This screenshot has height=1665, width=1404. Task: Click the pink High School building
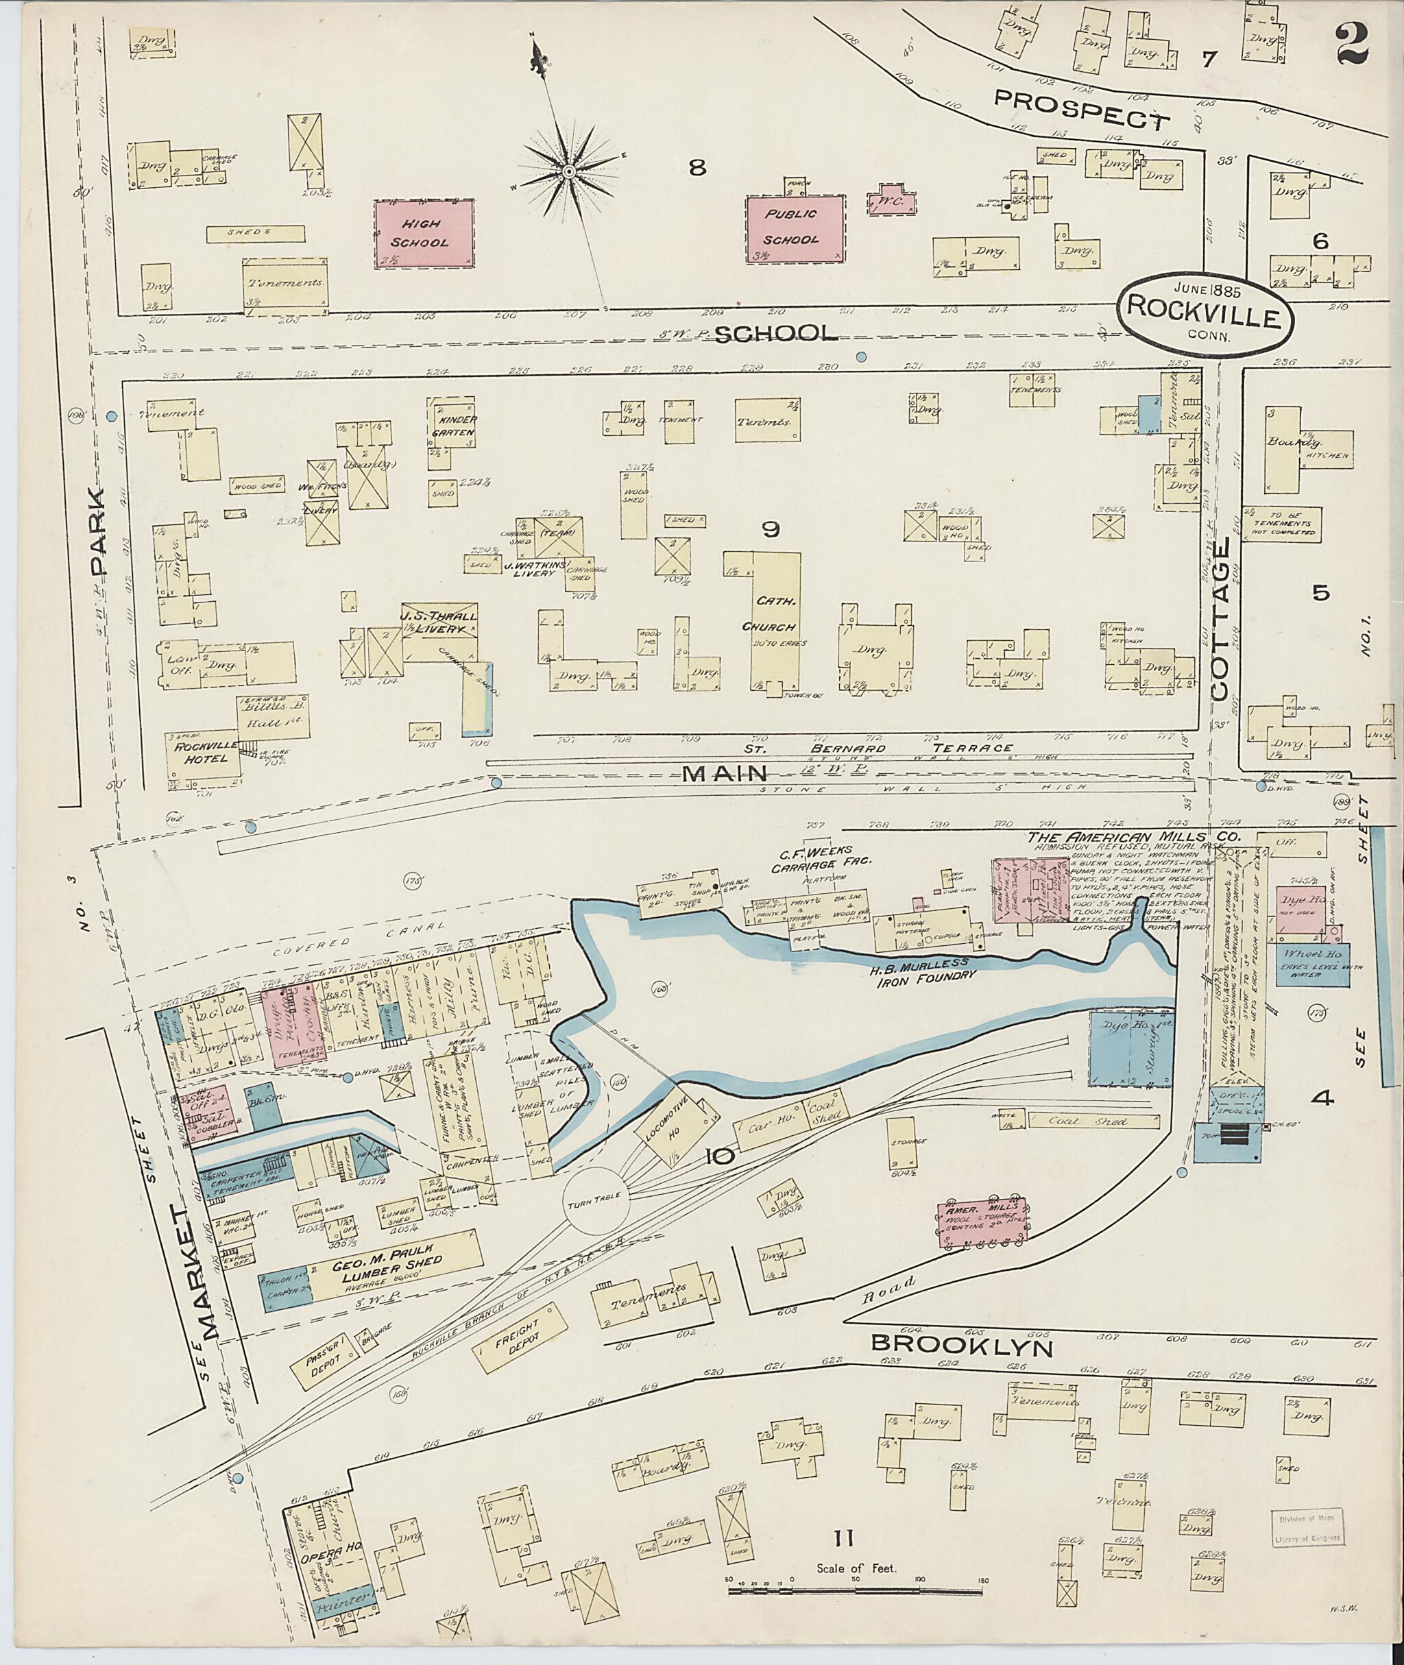click(x=425, y=233)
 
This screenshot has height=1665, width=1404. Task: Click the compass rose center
click(x=570, y=172)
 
